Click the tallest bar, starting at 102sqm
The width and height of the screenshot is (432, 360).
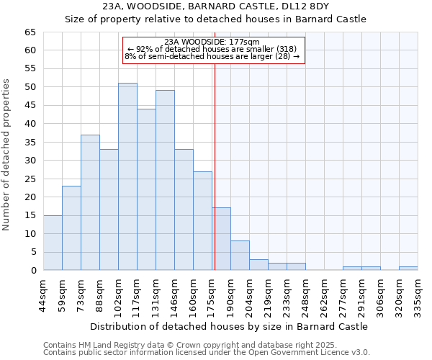(127, 176)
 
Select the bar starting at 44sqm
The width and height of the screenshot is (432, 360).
(53, 243)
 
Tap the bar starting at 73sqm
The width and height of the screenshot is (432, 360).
(90, 202)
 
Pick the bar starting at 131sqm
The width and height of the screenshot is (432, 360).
(165, 180)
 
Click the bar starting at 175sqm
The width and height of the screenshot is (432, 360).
(221, 239)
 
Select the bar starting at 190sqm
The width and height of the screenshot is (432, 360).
(240, 256)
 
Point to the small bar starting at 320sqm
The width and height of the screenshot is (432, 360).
(408, 269)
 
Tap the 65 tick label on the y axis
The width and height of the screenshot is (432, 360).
(30, 32)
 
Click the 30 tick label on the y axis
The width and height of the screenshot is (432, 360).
(30, 161)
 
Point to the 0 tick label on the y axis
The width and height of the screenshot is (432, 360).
(32, 271)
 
